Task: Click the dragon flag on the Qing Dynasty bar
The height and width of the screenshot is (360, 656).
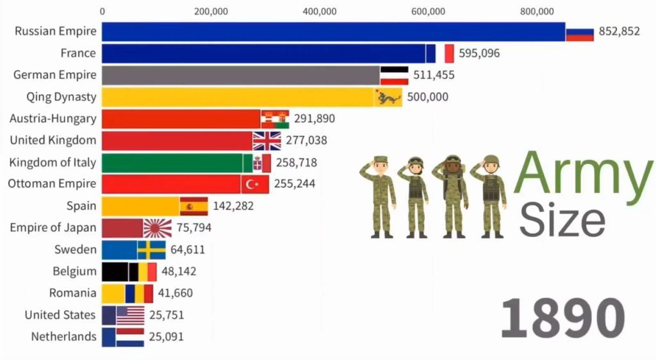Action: pyautogui.click(x=388, y=97)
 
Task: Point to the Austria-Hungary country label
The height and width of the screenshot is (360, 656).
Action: pyautogui.click(x=53, y=119)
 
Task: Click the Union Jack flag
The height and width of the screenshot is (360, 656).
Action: pyautogui.click(x=266, y=140)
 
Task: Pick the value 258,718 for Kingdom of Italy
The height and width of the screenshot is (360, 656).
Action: pyautogui.click(x=297, y=162)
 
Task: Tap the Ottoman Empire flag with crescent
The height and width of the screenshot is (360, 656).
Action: pyautogui.click(x=254, y=184)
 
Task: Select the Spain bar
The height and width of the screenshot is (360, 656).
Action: pyautogui.click(x=140, y=206)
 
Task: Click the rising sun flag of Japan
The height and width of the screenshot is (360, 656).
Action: pyautogui.click(x=157, y=227)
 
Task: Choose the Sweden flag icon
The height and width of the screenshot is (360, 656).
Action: pyautogui.click(x=151, y=249)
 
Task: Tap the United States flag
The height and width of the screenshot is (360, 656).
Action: pyautogui.click(x=130, y=315)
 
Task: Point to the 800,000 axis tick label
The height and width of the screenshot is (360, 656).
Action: pyautogui.click(x=537, y=11)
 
